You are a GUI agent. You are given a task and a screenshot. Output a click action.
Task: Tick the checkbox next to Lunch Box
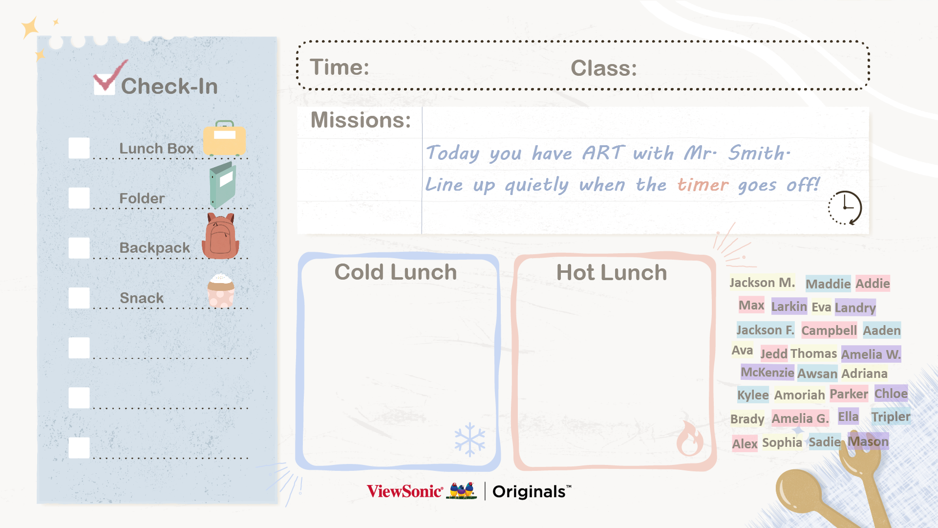coord(79,148)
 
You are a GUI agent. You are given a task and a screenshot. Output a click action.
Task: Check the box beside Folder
coord(79,198)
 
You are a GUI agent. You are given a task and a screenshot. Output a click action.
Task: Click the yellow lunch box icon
coord(224,138)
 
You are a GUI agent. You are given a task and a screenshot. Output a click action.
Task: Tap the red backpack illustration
coord(220,236)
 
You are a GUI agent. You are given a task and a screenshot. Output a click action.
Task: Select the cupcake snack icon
coord(221,290)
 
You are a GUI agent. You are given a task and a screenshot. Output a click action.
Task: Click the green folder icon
coord(223,185)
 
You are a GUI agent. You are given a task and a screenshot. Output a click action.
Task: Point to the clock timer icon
coord(845,208)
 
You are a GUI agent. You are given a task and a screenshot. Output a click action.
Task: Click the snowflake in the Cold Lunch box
coord(469,440)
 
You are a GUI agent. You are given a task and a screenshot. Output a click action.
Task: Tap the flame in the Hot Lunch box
coord(690,438)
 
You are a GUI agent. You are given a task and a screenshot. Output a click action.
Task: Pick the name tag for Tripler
coord(891,417)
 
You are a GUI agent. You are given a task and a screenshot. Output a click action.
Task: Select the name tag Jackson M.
coord(762,283)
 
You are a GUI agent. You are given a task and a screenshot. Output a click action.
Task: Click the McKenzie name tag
coord(767,372)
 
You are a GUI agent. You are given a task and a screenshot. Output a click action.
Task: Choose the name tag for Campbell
coord(829,330)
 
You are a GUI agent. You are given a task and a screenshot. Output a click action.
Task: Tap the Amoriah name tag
coord(799,395)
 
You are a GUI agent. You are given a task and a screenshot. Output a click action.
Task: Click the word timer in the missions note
coord(703,185)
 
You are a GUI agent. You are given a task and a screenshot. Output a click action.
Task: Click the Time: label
coord(340,67)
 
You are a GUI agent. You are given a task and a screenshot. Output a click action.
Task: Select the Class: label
coord(604,68)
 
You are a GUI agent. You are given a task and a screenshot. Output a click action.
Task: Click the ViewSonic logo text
coord(405,491)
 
